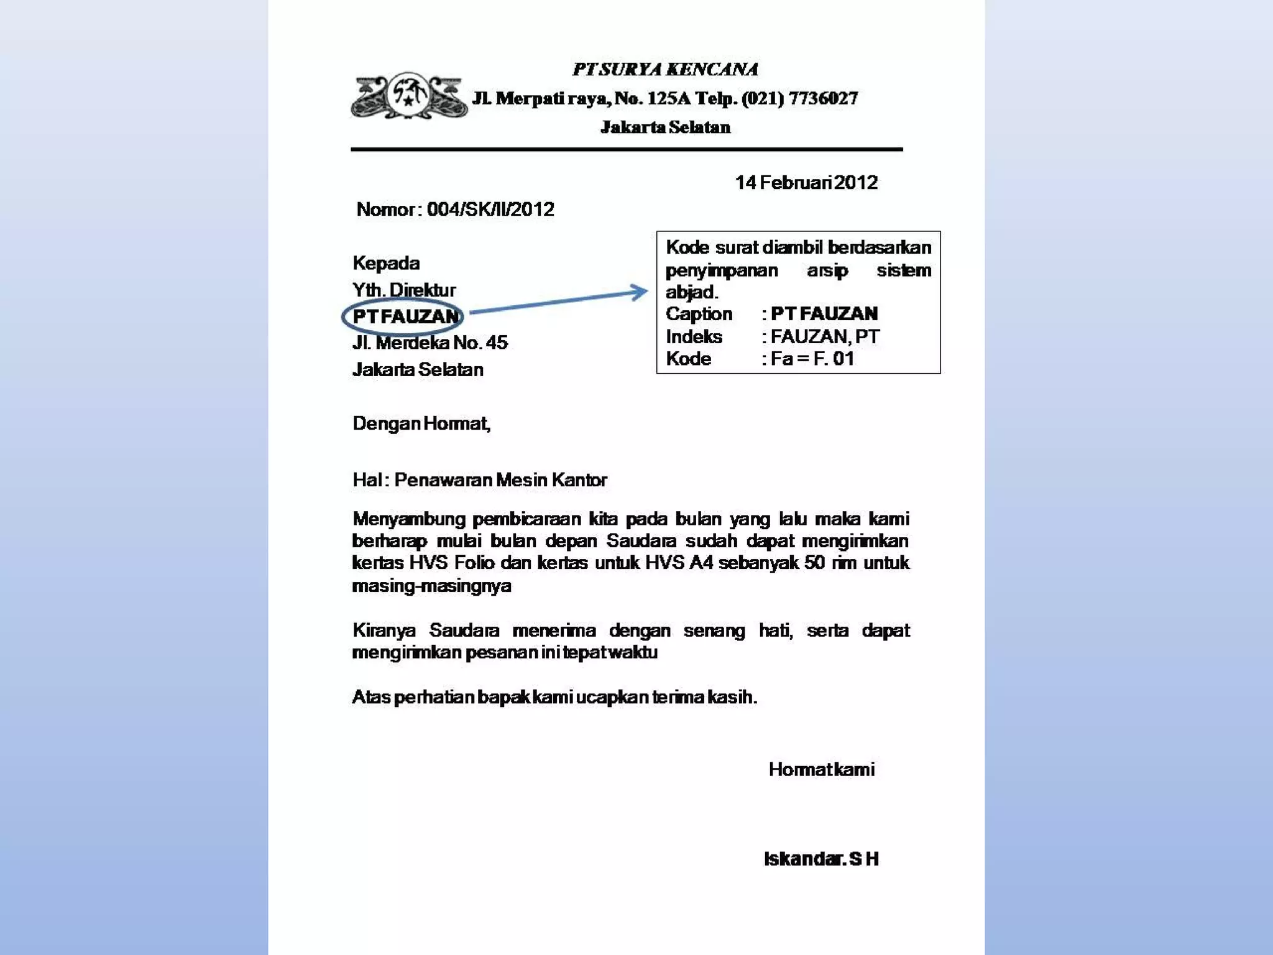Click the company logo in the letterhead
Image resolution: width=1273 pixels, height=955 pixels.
pos(408,96)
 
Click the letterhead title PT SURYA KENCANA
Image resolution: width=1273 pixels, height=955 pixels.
pos(664,69)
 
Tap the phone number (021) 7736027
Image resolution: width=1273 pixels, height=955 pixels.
pos(799,98)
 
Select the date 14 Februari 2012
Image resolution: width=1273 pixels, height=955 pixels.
pos(806,182)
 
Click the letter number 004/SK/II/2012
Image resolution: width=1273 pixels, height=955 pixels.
pos(490,209)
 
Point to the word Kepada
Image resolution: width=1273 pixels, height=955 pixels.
pos(386,263)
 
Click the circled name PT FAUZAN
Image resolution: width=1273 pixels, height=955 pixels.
pos(405,316)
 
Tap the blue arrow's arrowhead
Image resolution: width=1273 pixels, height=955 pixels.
pos(640,292)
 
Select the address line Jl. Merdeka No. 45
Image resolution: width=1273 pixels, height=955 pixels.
pos(430,343)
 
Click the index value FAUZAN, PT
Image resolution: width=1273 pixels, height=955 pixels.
pos(824,336)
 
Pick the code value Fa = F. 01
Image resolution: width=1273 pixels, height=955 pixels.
pos(812,358)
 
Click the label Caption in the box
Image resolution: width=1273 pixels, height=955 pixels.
pos(699,314)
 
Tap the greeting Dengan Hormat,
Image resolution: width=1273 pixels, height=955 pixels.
pos(421,423)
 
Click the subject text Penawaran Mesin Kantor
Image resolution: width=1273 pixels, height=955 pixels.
pos(500,479)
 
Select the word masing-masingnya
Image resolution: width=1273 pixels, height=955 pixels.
pos(431,586)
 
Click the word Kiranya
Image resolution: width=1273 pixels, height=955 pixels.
pos(384,630)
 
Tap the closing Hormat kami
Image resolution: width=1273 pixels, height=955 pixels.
pos(821,769)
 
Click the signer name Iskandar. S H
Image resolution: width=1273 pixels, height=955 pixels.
pos(820,859)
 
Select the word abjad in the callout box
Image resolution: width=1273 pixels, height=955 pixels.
pos(691,292)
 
